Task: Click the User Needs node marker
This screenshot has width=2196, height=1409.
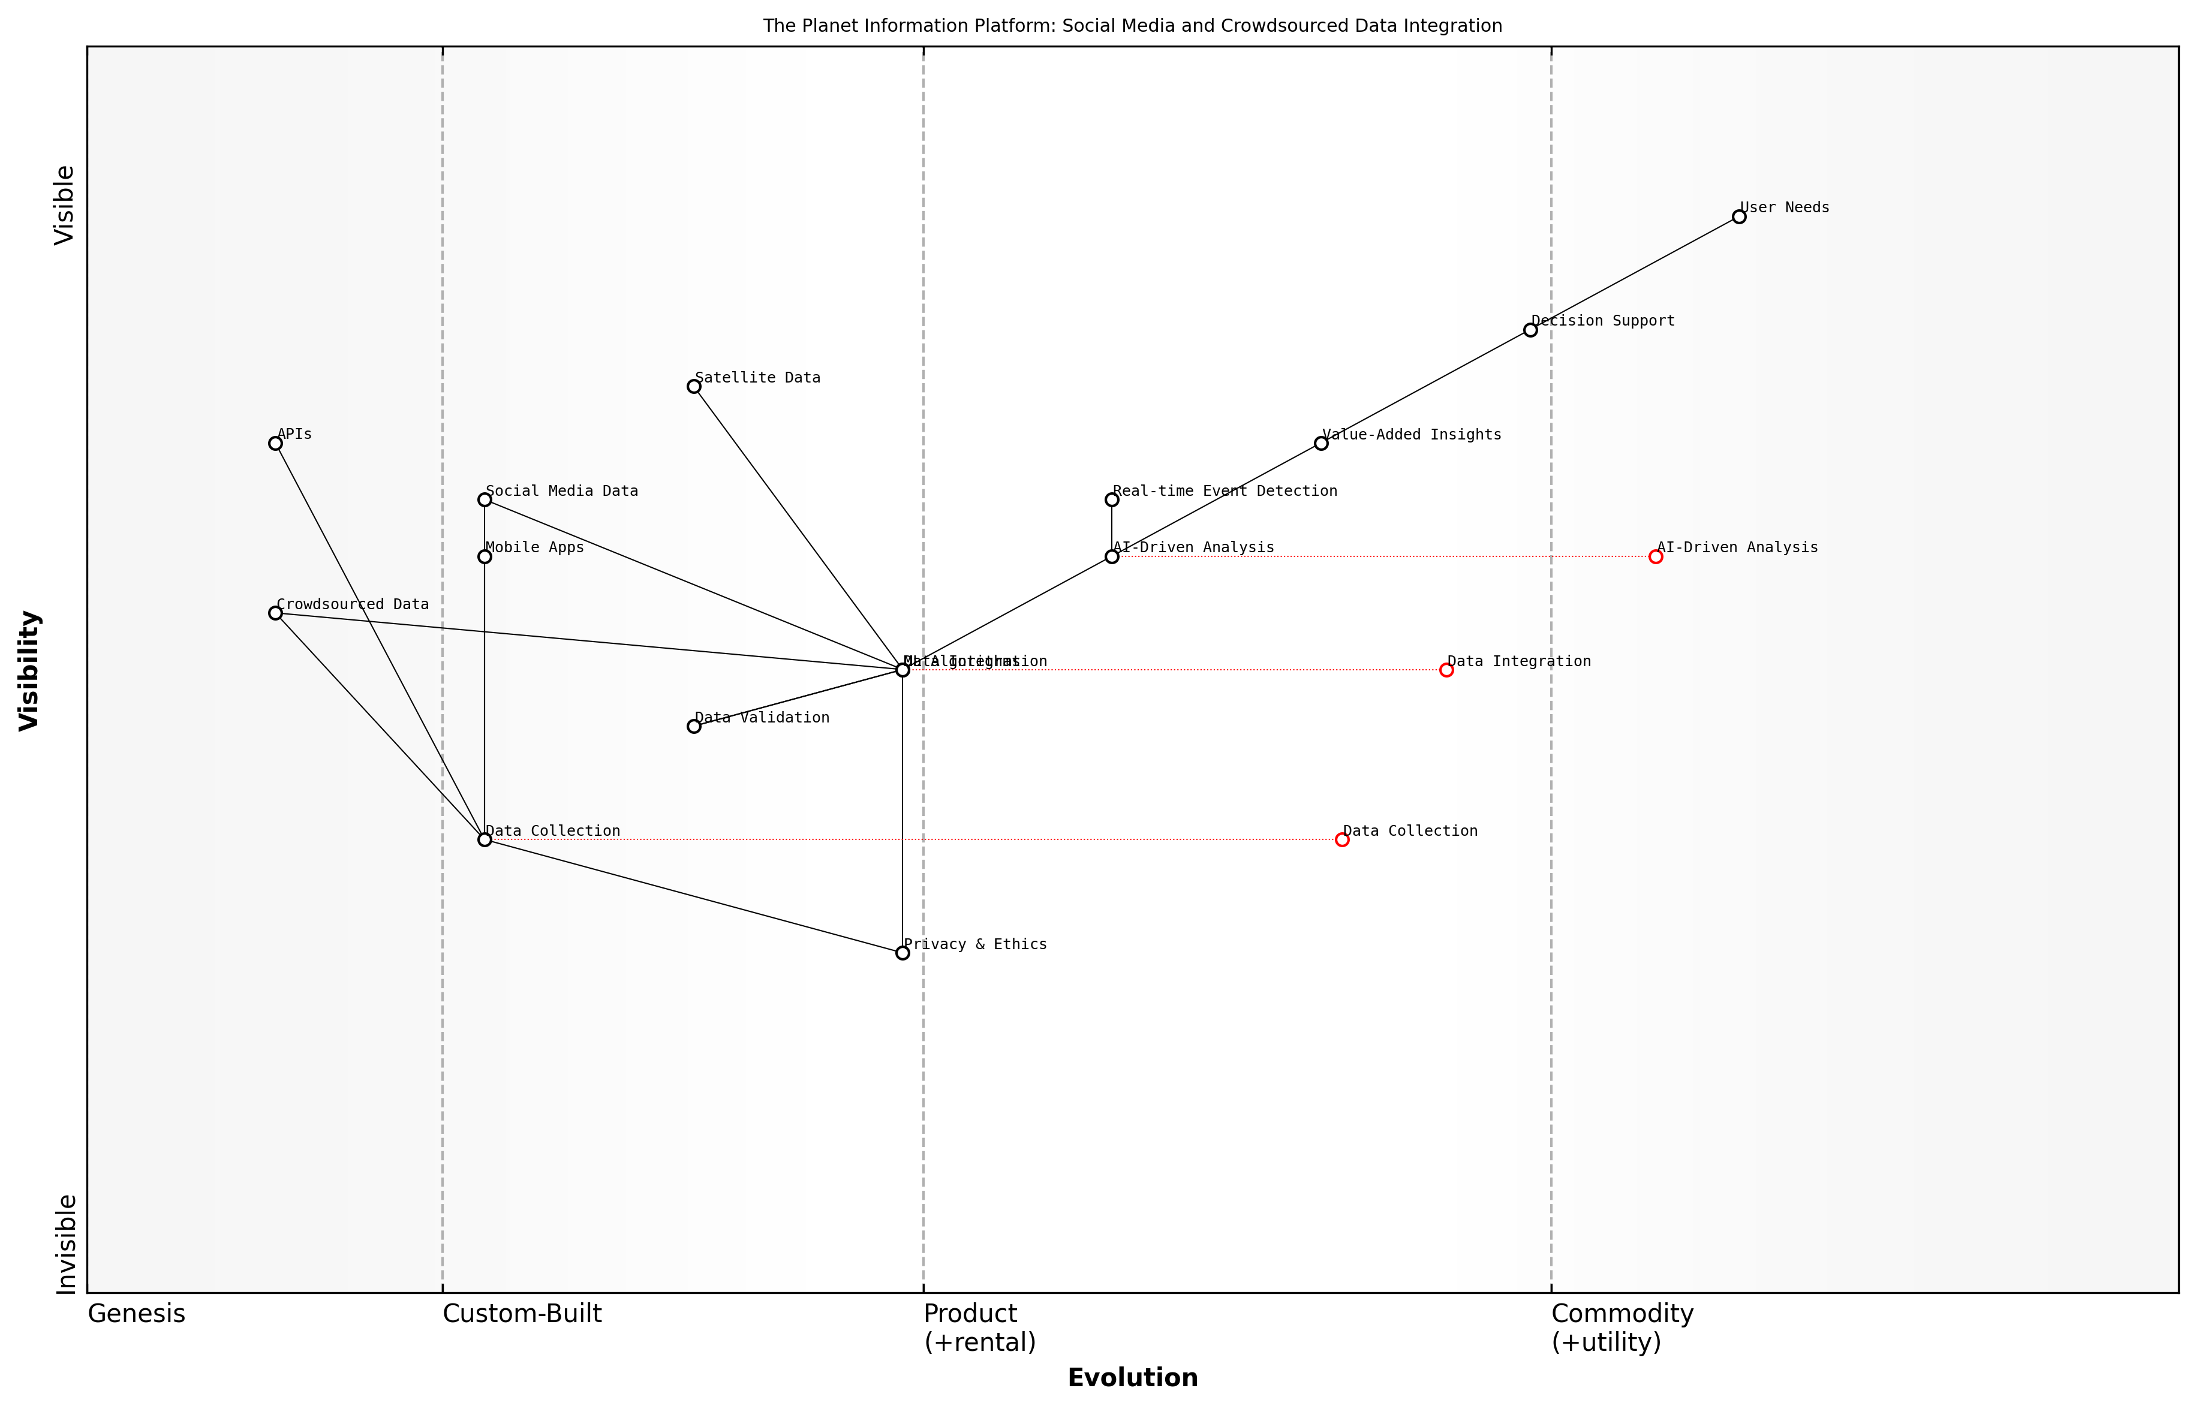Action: point(1738,217)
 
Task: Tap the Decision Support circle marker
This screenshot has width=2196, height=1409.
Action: point(1530,330)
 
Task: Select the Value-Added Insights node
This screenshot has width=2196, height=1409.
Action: point(1321,444)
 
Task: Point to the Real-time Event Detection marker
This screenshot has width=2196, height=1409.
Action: point(1112,499)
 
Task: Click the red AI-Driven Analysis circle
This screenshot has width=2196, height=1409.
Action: point(1655,556)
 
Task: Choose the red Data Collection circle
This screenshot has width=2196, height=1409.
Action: point(1341,840)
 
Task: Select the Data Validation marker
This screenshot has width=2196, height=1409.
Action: point(694,727)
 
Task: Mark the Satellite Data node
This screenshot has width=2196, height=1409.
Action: point(694,387)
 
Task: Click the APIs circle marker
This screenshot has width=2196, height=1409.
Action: point(275,444)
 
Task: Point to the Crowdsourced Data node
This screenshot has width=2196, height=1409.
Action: point(275,613)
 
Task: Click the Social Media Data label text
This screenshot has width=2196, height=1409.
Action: point(562,491)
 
